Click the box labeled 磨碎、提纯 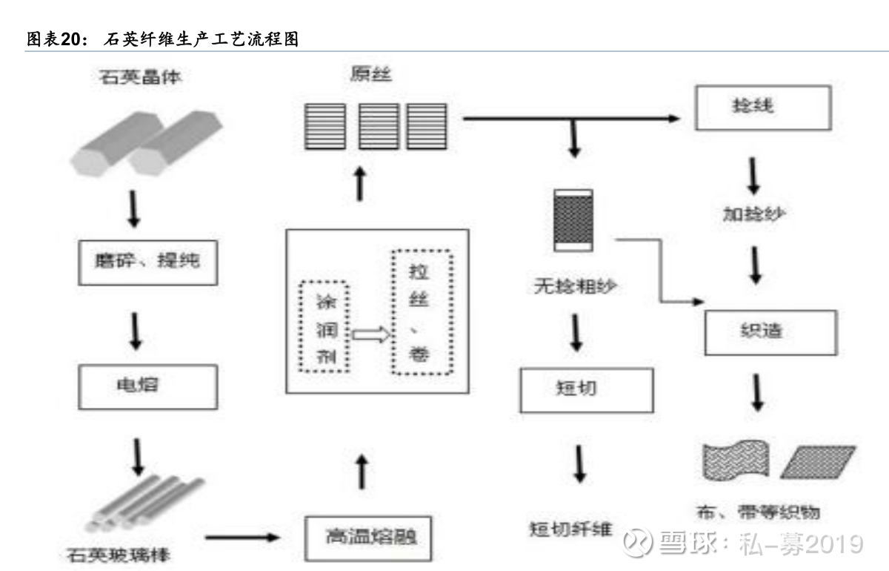(x=148, y=262)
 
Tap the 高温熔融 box (x=367, y=536)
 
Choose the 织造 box (x=770, y=331)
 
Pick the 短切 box (x=587, y=390)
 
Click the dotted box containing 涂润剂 (x=322, y=326)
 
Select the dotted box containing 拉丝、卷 (x=422, y=310)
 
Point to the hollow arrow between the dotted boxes (x=370, y=334)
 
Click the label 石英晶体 (x=140, y=76)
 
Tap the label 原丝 (x=370, y=75)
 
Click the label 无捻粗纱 (x=574, y=286)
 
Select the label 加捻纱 (x=754, y=214)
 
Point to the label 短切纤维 (x=570, y=529)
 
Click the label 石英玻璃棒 (x=122, y=554)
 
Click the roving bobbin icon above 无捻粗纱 (x=573, y=220)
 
